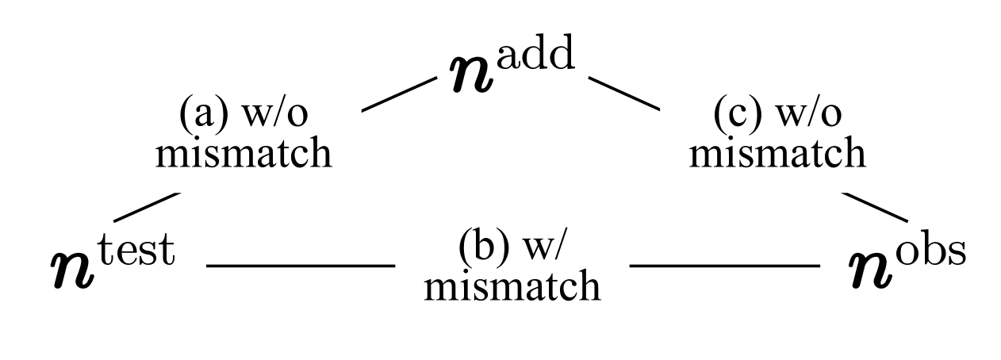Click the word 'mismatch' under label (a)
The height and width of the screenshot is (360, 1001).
242,154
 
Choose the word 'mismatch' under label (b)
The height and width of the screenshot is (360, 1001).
512,285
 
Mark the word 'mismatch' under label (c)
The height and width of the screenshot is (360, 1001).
777,154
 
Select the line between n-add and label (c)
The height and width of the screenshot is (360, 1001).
623,93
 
